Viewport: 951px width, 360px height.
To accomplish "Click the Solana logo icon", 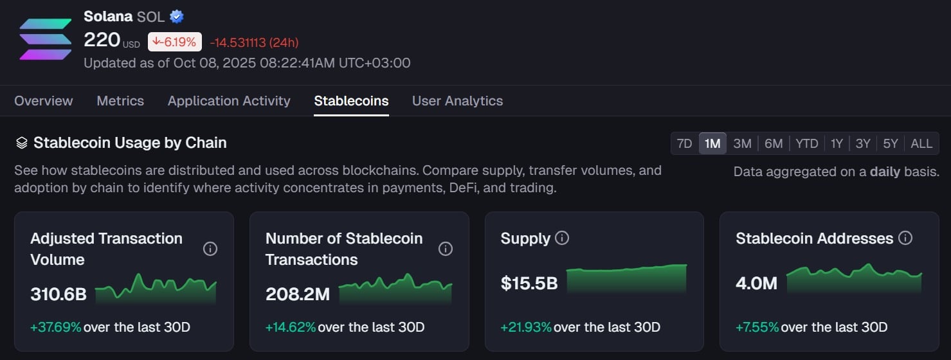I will point(45,39).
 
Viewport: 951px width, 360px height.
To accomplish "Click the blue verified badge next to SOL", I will point(177,17).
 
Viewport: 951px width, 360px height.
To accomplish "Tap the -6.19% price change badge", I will point(174,42).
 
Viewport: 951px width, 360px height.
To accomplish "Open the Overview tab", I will point(44,101).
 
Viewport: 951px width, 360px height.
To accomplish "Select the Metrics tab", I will point(120,101).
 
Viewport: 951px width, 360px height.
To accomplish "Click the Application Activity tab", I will point(229,101).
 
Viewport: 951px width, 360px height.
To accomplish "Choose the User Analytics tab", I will point(457,101).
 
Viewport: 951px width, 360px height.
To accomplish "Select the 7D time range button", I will point(685,143).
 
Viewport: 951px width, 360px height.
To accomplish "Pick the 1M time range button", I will point(712,143).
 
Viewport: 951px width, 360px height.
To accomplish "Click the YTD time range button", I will point(806,143).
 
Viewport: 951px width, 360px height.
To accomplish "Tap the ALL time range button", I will point(921,143).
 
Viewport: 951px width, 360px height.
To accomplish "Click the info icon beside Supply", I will point(562,239).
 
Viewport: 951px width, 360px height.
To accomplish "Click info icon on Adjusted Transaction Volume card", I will point(210,249).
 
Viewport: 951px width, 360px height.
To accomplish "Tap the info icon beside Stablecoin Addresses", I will point(905,239).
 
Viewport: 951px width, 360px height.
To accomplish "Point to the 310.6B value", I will point(59,294).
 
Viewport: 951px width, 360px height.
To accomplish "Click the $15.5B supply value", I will point(529,283).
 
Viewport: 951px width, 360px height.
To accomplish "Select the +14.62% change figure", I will point(291,327).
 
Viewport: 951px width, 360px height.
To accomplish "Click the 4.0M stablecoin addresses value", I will point(757,283).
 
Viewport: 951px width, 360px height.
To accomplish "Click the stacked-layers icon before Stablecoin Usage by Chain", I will point(22,143).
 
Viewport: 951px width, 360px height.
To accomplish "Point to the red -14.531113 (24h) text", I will point(254,42).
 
